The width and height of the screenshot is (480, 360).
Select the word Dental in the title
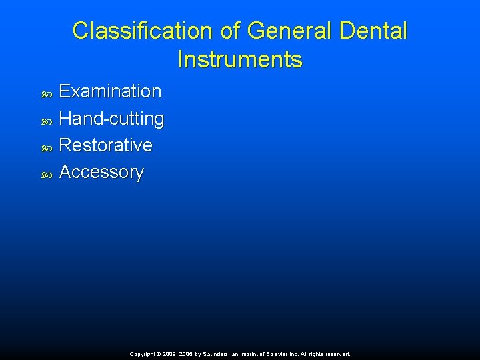(x=373, y=31)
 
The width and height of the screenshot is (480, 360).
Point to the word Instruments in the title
(x=240, y=60)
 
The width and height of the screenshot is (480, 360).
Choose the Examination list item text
(x=110, y=91)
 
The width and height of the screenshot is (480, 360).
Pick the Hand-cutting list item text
(x=111, y=119)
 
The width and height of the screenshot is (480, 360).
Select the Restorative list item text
(x=105, y=145)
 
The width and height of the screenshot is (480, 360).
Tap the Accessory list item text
(x=101, y=172)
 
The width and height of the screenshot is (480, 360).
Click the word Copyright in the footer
(x=142, y=355)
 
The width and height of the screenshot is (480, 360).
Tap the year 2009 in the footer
(x=169, y=355)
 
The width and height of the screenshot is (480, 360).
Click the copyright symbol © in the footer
(x=158, y=355)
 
